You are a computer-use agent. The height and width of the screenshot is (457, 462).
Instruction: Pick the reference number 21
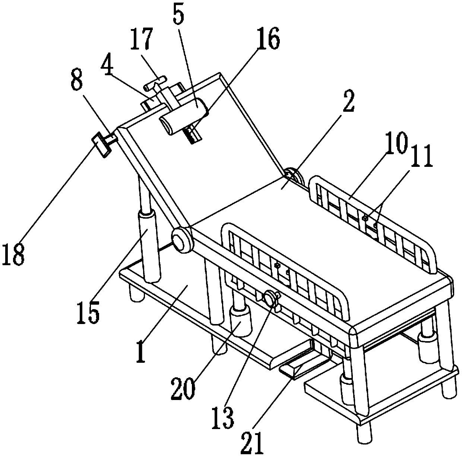(257, 440)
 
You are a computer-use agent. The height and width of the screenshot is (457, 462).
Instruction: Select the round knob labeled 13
(270, 299)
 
